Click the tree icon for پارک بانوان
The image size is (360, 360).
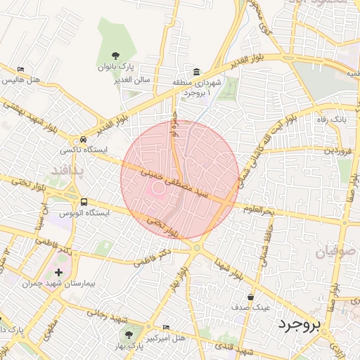[116, 54]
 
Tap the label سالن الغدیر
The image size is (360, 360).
[134, 80]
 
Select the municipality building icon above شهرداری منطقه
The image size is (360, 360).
[195, 72]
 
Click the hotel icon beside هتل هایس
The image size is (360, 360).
[20, 70]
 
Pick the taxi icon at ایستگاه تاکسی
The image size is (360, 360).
[84, 139]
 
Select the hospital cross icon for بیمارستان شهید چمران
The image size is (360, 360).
[58, 272]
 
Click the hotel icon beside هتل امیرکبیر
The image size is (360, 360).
[166, 328]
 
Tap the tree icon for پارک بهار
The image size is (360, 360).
[128, 334]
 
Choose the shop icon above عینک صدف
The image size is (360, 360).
[251, 297]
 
